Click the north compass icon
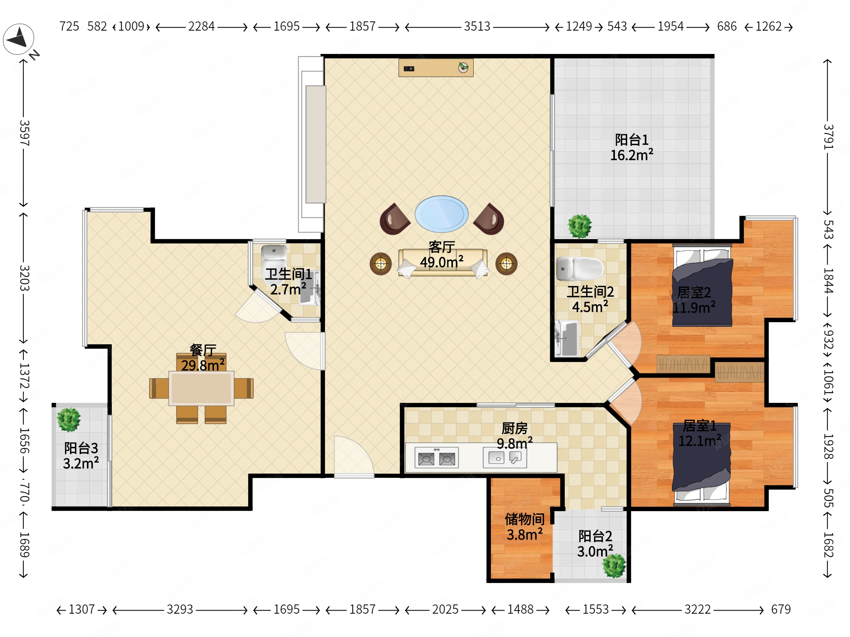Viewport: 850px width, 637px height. click(18, 39)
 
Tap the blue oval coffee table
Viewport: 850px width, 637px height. click(441, 214)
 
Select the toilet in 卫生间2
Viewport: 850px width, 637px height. click(579, 269)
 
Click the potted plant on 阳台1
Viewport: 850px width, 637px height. click(580, 226)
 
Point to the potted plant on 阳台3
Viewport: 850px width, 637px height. click(69, 420)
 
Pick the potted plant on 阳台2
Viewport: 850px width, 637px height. click(614, 565)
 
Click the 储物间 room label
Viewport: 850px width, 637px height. click(525, 519)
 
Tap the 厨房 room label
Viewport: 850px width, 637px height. click(515, 428)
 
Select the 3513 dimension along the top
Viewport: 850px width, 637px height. click(477, 26)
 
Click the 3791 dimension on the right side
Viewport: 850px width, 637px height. click(828, 137)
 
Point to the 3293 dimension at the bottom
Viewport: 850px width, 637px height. click(180, 609)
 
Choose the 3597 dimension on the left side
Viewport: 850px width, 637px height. click(24, 133)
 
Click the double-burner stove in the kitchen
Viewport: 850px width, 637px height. click(436, 458)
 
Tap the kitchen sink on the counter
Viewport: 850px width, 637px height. click(505, 458)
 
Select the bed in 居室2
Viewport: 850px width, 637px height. click(702, 285)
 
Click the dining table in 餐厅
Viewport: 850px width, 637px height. click(201, 388)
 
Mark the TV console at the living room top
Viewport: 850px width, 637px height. click(436, 68)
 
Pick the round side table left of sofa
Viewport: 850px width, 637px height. click(381, 264)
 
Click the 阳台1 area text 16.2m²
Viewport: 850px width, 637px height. click(632, 155)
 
